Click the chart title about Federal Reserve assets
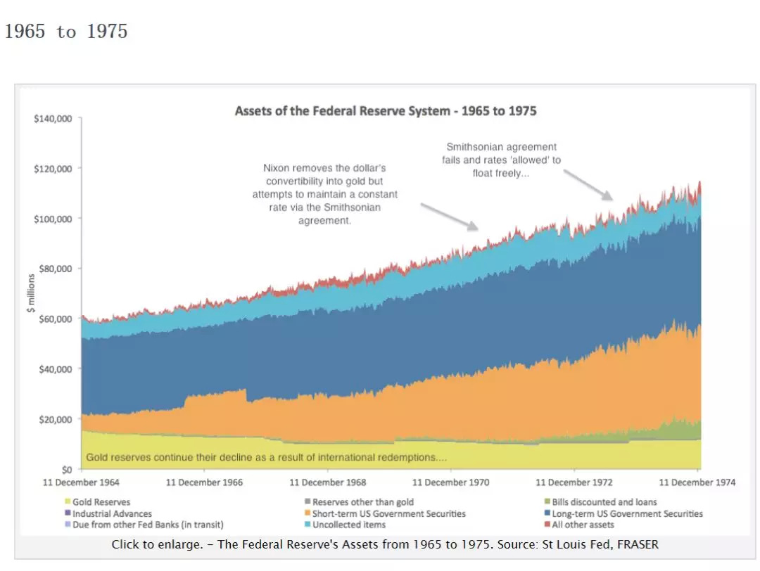pyautogui.click(x=386, y=111)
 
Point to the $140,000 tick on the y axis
pyautogui.click(x=53, y=118)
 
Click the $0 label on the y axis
pyautogui.click(x=65, y=469)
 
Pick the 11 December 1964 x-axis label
pyautogui.click(x=81, y=482)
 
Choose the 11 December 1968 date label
pyautogui.click(x=327, y=482)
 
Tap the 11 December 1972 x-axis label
pyautogui.click(x=574, y=482)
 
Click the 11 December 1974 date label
pyautogui.click(x=697, y=482)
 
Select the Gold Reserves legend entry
pyautogui.click(x=101, y=502)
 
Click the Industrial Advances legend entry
pyautogui.click(x=112, y=513)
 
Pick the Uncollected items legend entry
pyautogui.click(x=348, y=525)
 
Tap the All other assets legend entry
pyautogui.click(x=583, y=525)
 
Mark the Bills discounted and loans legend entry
pyautogui.click(x=604, y=502)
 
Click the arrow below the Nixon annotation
pyautogui.click(x=450, y=216)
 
